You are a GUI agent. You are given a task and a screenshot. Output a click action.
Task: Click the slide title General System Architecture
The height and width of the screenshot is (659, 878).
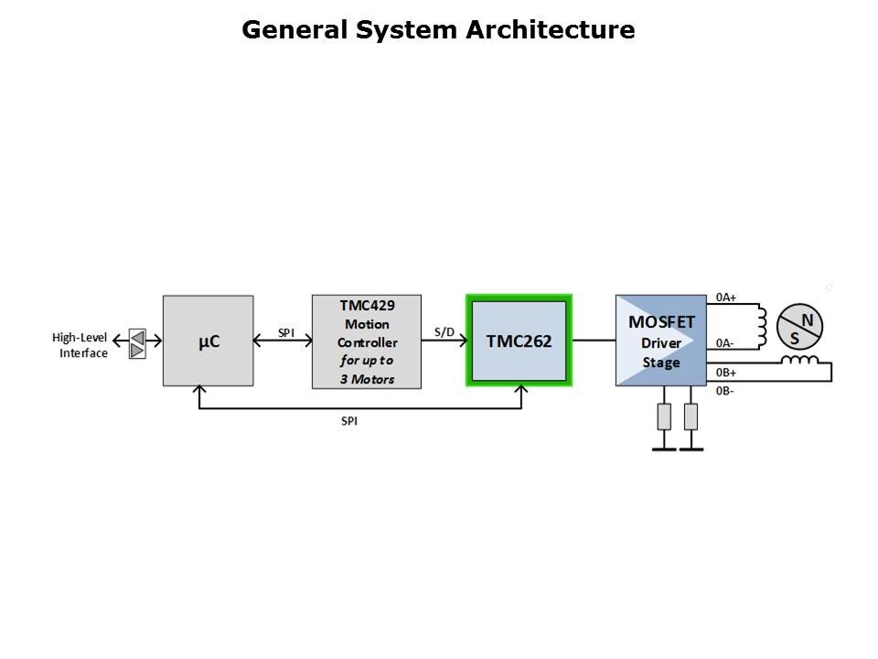click(438, 30)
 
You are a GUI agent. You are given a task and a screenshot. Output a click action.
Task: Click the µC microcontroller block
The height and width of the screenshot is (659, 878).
click(209, 340)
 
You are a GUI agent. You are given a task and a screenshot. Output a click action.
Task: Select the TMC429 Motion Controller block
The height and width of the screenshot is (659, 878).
click(367, 341)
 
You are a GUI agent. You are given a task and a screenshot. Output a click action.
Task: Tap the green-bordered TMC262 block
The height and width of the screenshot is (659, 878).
click(519, 340)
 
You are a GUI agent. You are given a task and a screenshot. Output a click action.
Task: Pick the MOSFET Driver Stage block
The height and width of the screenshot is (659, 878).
click(660, 340)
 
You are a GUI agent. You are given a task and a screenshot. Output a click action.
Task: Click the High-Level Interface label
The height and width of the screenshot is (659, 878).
click(80, 345)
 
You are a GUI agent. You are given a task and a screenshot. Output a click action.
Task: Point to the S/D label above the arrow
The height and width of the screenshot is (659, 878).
click(444, 331)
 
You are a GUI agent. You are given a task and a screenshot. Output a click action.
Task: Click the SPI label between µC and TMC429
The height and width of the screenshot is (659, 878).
click(286, 331)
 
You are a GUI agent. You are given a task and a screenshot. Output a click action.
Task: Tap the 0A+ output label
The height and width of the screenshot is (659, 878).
click(725, 297)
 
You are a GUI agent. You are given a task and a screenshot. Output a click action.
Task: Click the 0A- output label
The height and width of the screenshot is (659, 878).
click(725, 343)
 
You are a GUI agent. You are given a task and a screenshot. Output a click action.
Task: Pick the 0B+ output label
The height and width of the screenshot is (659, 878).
click(725, 373)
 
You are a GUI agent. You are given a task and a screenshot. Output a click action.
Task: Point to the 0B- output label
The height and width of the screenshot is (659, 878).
click(725, 390)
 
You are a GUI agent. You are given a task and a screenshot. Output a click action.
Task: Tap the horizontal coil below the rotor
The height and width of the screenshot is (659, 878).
click(799, 360)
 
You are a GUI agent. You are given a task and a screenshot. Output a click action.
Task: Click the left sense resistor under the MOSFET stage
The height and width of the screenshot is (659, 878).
click(664, 416)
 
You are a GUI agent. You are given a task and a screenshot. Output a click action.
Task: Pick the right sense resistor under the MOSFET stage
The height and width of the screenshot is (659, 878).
click(691, 416)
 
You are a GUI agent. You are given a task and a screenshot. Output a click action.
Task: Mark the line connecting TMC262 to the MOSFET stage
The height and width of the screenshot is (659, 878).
click(593, 340)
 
